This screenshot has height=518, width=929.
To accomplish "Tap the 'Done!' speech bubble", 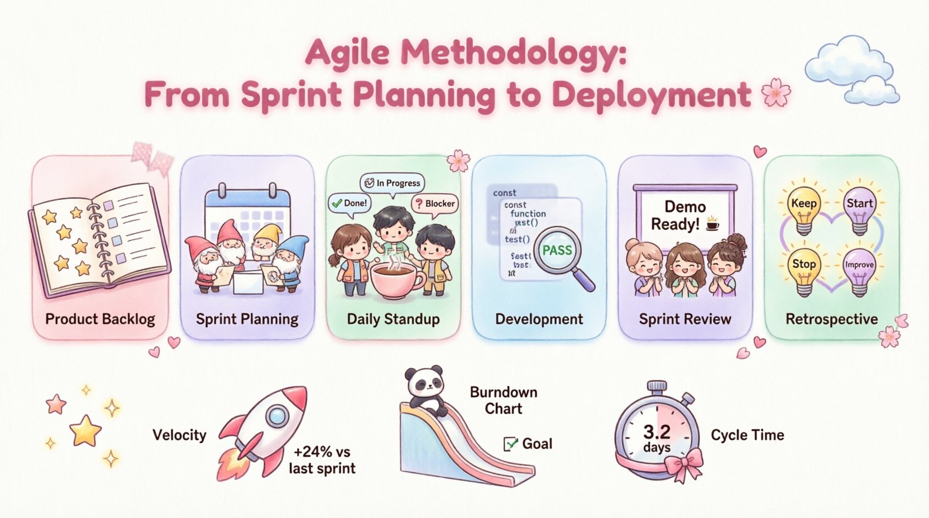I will (349, 203).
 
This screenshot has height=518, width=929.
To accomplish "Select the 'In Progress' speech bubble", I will (392, 183).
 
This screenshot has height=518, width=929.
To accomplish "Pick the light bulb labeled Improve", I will (859, 269).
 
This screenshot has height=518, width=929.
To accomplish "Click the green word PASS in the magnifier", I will (557, 250).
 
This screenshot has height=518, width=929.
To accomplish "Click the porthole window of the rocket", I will (276, 416).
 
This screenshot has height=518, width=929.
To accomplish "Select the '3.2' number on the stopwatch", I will (656, 431).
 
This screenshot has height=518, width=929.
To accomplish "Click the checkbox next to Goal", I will (510, 444).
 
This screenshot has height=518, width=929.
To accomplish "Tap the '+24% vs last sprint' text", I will (322, 459).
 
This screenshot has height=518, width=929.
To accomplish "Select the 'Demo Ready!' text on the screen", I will (684, 215).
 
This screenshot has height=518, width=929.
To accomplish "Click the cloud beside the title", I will (851, 70).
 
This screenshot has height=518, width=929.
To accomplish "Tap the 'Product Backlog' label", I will (100, 319).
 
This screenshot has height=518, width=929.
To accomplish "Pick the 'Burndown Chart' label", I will (503, 400).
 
